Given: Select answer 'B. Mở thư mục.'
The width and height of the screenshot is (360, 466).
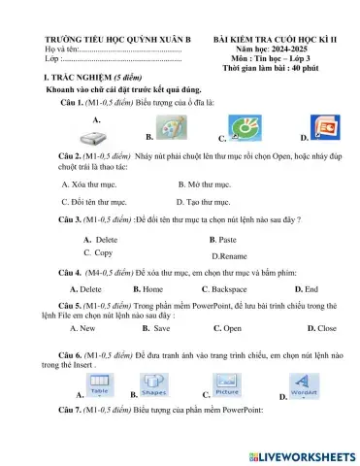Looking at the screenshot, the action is point(205,183).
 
